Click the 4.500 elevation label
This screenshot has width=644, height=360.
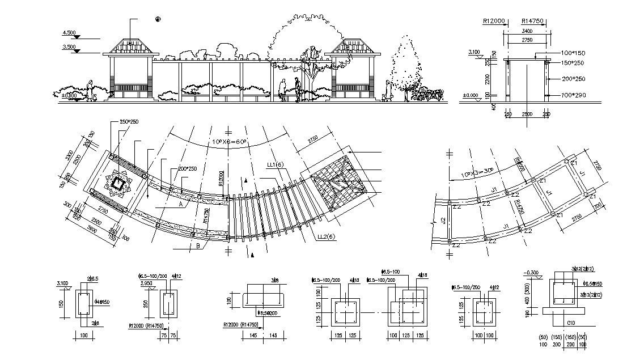(69, 33)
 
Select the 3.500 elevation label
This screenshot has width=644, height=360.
(69, 47)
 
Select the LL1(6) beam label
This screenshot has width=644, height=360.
(276, 164)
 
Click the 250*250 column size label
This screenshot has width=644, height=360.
(129, 122)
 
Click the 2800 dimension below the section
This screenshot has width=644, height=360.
(527, 114)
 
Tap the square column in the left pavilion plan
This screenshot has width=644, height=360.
(117, 184)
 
